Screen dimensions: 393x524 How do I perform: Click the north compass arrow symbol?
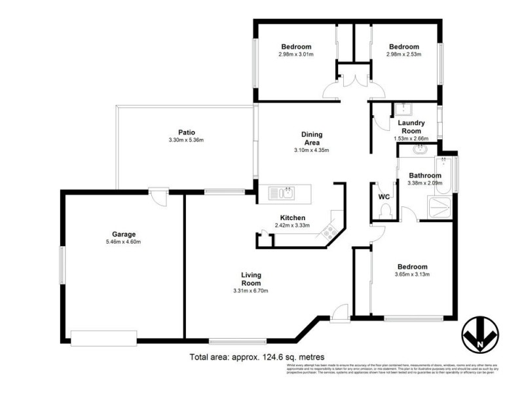pos(481,336)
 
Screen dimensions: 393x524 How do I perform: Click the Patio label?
pos(187,132)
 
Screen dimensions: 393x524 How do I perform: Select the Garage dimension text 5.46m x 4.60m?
pos(123,242)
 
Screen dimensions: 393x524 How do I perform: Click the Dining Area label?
pos(311,138)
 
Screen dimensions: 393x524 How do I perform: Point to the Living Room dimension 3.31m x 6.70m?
pos(251,291)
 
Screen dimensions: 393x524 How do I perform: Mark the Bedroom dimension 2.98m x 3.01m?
pos(296,54)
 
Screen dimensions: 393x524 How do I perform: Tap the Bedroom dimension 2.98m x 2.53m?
pos(403,54)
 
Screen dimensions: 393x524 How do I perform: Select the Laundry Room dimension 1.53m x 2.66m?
pos(411,138)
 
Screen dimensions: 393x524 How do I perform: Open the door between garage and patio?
pos(156,195)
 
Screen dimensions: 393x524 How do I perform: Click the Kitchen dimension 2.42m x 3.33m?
pos(292,226)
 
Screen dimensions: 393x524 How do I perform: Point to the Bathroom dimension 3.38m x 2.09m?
pos(426,183)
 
